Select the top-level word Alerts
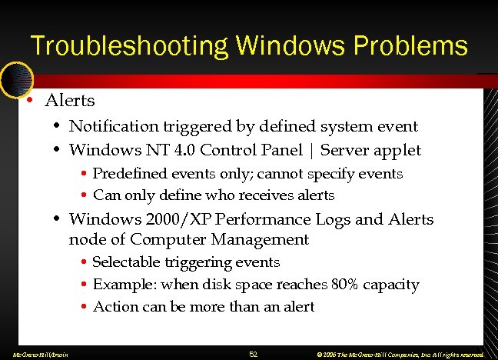(70, 101)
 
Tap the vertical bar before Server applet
(310, 149)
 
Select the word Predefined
(131, 174)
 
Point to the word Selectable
(128, 262)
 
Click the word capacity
(392, 285)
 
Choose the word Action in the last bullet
(115, 306)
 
